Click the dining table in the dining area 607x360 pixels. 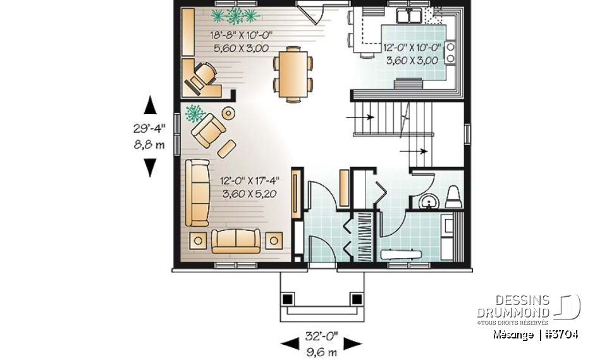[293, 73]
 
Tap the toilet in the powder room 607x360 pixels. [454, 197]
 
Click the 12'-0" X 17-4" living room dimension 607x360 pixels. [250, 181]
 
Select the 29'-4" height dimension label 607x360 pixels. [149, 128]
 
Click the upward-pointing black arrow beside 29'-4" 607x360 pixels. [150, 104]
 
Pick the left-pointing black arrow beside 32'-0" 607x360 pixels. [290, 344]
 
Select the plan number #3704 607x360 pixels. [561, 334]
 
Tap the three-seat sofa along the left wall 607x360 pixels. [197, 192]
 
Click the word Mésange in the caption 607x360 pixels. [513, 334]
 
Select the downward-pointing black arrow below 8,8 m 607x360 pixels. [150, 167]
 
